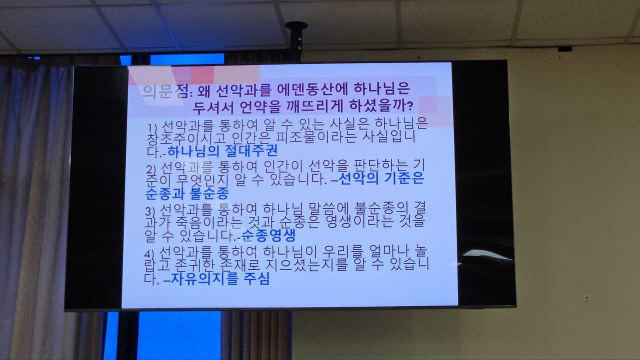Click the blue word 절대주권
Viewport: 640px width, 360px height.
pyautogui.click(x=251, y=151)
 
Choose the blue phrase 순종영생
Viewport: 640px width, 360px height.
pyautogui.click(x=268, y=235)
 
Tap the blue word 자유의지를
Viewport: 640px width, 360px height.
pyautogui.click(x=204, y=279)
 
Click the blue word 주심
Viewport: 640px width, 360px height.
pyautogui.click(x=256, y=279)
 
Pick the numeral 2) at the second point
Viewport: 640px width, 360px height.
pyautogui.click(x=151, y=170)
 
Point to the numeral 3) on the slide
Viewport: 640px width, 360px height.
pyautogui.click(x=149, y=212)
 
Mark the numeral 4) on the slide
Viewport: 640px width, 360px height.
pyautogui.click(x=149, y=254)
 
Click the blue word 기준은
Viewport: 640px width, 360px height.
pyautogui.click(x=403, y=178)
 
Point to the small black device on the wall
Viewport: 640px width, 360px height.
pyautogui.click(x=565, y=49)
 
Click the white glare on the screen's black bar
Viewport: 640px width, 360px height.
pyautogui.click(x=485, y=255)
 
